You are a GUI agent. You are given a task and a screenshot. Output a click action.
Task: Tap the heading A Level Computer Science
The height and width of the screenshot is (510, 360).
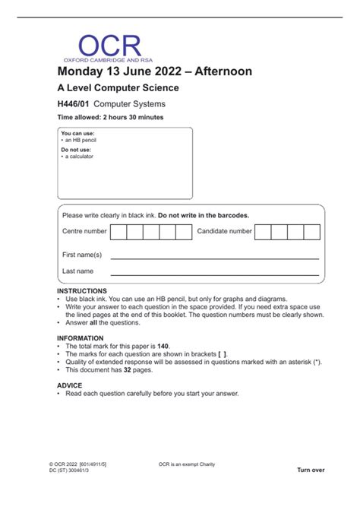tap(118, 88)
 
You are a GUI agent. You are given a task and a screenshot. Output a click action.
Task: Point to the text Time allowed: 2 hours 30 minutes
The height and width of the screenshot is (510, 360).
tap(110, 118)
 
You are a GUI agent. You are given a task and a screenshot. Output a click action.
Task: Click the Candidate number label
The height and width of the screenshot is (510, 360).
tap(224, 231)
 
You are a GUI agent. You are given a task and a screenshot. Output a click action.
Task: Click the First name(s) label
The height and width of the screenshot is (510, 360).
tap(81, 255)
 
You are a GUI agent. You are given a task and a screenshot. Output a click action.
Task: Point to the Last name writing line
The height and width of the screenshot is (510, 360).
tap(214, 274)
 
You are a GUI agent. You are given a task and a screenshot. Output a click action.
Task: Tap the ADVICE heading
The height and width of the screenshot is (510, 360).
tap(69, 385)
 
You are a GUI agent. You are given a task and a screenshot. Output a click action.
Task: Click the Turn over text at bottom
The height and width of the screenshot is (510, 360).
tap(311, 470)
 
